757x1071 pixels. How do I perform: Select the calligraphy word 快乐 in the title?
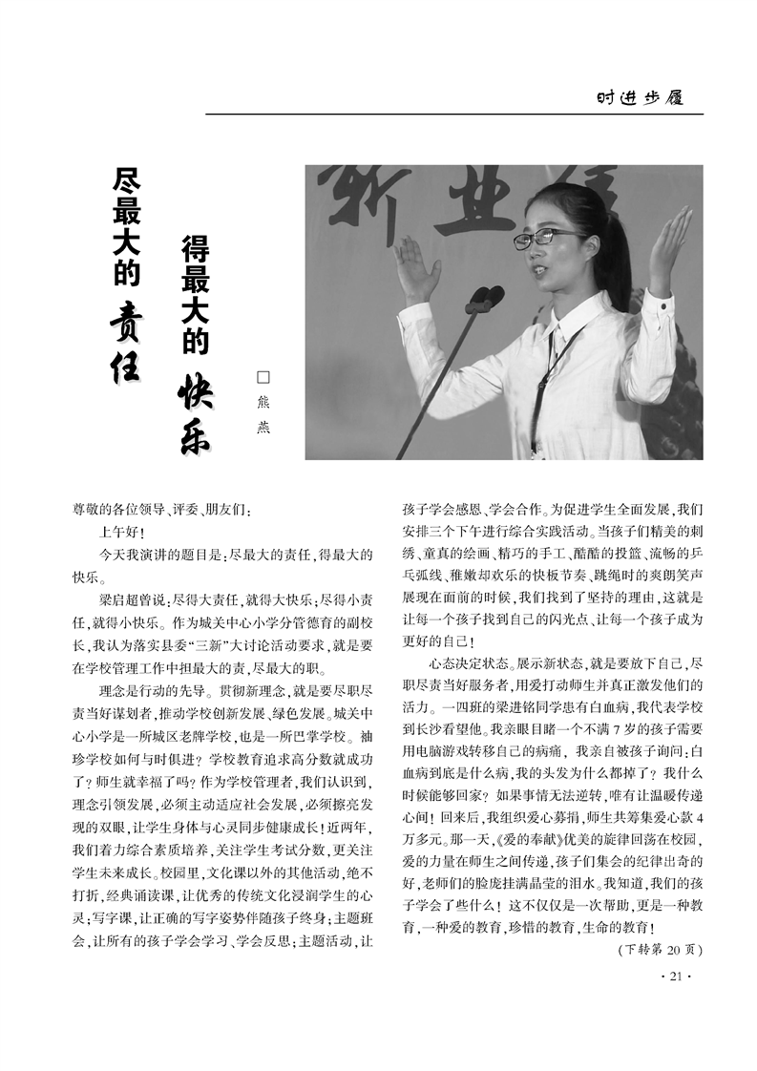(195, 416)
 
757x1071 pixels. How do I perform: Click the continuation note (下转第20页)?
(660, 950)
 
